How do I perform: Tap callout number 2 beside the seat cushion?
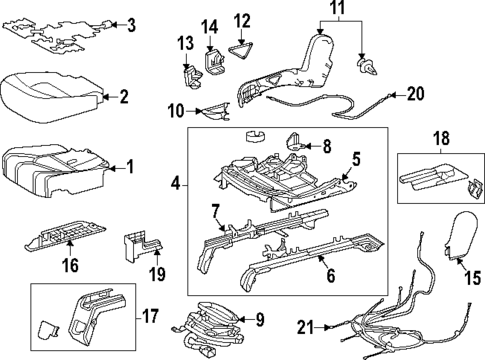click(123, 97)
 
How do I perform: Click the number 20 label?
click(415, 94)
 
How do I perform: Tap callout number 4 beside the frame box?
click(175, 184)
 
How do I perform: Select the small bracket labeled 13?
click(189, 75)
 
